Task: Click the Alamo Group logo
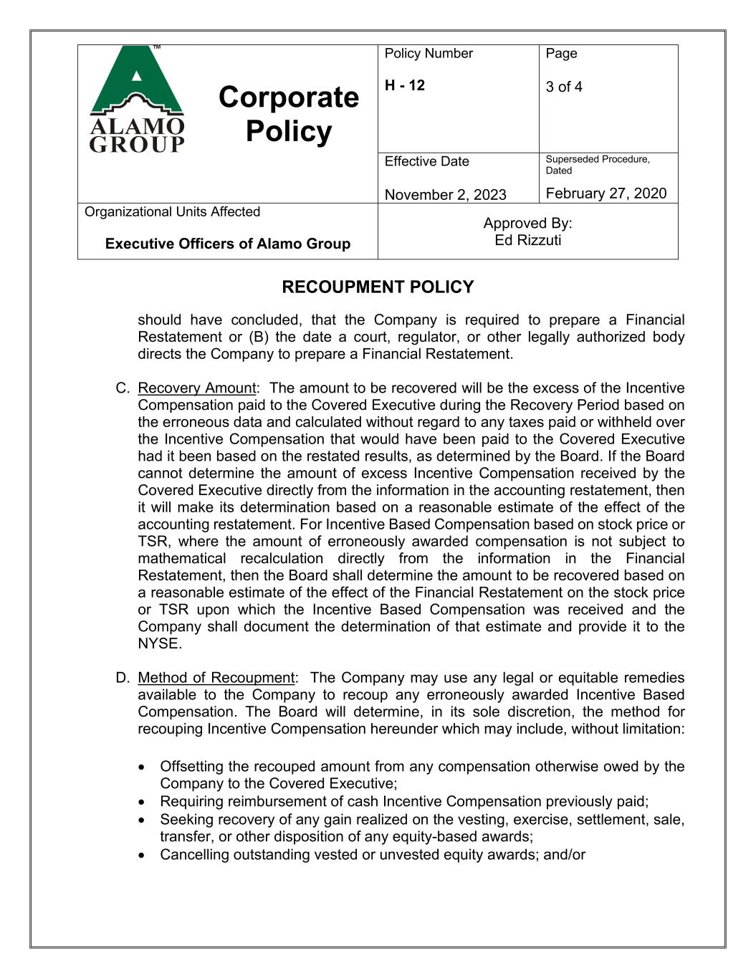pos(137,99)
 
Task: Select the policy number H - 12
pos(404,85)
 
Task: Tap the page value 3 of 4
pos(564,87)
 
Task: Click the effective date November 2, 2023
pos(445,195)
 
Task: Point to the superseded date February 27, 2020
pos(606,193)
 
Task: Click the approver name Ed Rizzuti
pos(527,240)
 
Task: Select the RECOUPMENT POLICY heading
pos(378,287)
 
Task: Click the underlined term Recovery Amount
pos(196,388)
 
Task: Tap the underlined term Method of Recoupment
pos(216,678)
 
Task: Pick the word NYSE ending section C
pos(158,643)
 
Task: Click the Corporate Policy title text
pos(288,115)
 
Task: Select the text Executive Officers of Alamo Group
pos(228,244)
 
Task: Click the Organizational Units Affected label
pos(172,212)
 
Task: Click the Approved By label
pos(527,223)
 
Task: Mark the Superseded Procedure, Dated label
pos(598,165)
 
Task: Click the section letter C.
pos(121,388)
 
